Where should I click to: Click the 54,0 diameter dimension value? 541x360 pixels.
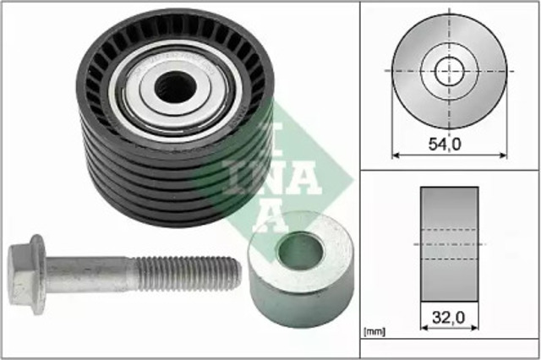445,144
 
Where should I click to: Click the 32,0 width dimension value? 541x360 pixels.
449,317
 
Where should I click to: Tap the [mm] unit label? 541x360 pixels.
374,332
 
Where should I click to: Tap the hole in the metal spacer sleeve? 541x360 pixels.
301,251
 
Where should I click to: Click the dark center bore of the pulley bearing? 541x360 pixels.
175,86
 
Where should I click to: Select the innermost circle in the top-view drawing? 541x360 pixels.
449,71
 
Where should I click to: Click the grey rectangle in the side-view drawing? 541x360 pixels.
449,244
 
